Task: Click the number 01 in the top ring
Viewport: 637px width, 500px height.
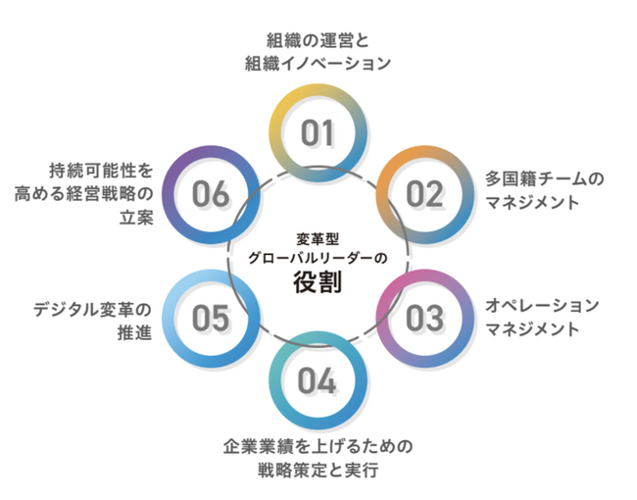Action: click(x=318, y=132)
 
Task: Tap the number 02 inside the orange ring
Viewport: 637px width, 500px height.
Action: click(x=424, y=194)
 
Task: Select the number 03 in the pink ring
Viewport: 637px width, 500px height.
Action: click(x=424, y=318)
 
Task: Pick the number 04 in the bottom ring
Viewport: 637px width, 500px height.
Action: click(x=317, y=380)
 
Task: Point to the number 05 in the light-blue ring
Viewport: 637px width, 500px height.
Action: click(x=211, y=318)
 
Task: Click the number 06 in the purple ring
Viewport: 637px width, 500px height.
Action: click(x=211, y=194)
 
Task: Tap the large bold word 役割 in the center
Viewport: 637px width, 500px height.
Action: click(x=318, y=281)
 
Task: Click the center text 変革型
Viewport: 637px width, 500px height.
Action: click(x=318, y=239)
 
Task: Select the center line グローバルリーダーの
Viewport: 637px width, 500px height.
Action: click(x=318, y=258)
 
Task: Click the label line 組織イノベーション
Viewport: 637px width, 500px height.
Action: click(x=318, y=64)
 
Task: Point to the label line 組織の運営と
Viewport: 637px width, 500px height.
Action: click(x=318, y=40)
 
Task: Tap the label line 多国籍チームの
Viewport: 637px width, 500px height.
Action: click(x=544, y=178)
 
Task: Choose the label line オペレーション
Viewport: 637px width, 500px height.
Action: click(x=542, y=305)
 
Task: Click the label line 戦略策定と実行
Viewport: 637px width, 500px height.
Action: click(x=318, y=470)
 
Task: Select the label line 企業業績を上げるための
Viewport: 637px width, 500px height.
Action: click(x=318, y=446)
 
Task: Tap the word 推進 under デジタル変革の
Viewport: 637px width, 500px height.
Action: click(x=135, y=332)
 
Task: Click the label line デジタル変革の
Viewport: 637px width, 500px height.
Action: click(x=93, y=310)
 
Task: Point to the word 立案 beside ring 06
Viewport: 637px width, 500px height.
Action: click(x=136, y=218)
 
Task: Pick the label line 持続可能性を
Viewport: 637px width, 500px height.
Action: click(x=101, y=171)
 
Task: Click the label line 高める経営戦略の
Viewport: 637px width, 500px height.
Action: click(x=83, y=194)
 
